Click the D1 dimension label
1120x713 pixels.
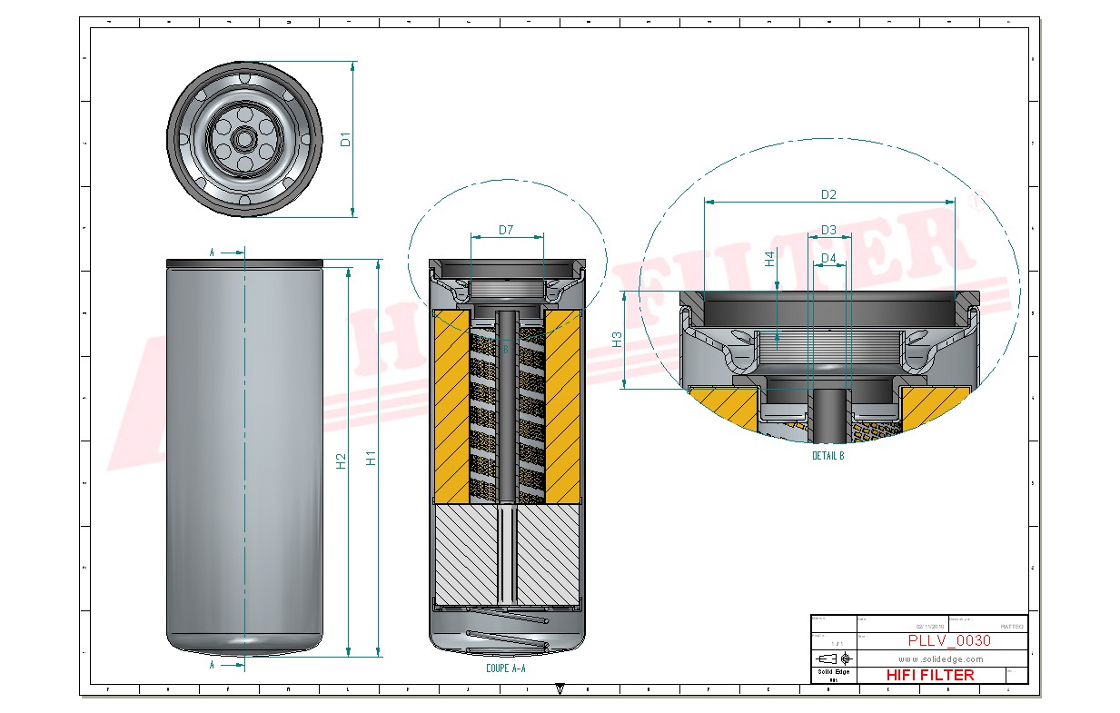pyautogui.click(x=344, y=140)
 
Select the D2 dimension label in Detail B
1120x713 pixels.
pyautogui.click(x=828, y=194)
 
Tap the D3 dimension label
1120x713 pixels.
pyautogui.click(x=828, y=230)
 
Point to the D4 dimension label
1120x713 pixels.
pyautogui.click(x=828, y=259)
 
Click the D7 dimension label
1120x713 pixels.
pyautogui.click(x=506, y=230)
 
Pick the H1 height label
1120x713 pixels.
pyautogui.click(x=371, y=460)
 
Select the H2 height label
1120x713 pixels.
pyautogui.click(x=341, y=460)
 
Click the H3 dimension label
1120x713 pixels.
pyautogui.click(x=617, y=340)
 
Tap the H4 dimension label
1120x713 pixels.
pyautogui.click(x=769, y=260)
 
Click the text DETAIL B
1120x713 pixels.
pyautogui.click(x=828, y=456)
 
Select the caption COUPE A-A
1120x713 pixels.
pyautogui.click(x=506, y=668)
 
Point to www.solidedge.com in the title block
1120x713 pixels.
pyautogui.click(x=941, y=659)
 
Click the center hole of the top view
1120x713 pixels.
pyautogui.click(x=244, y=139)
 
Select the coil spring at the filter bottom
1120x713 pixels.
pyautogui.click(x=507, y=639)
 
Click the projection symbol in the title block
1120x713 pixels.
pyautogui.click(x=834, y=659)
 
